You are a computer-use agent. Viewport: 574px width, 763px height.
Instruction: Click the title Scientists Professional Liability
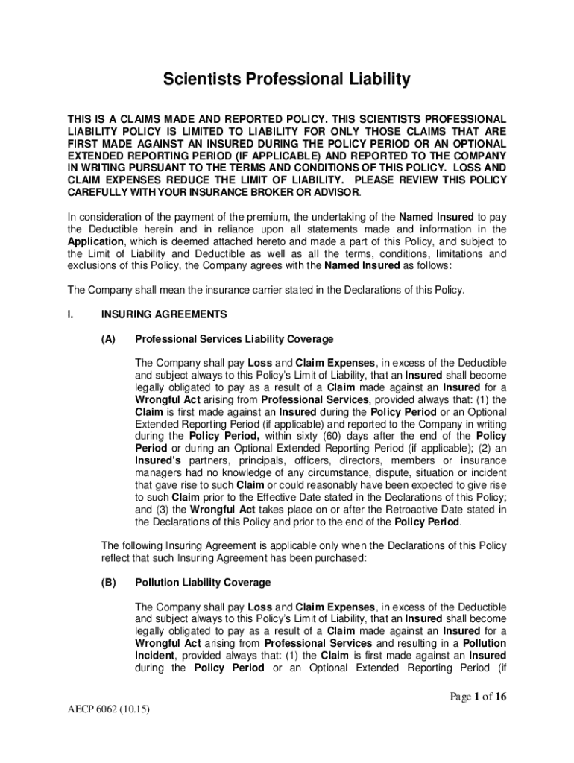(287, 80)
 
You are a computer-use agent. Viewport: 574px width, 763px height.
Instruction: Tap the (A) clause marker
(109, 339)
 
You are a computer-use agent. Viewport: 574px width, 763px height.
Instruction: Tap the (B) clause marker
(109, 583)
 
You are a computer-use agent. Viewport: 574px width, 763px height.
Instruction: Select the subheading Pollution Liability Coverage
(203, 583)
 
